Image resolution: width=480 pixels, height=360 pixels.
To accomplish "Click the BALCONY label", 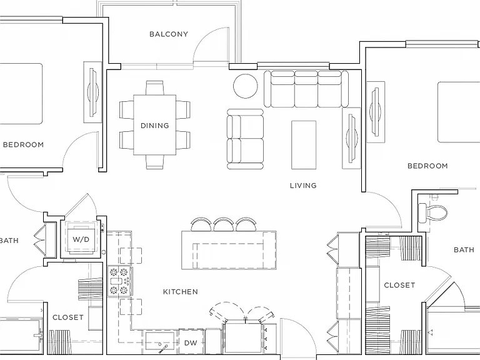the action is click(169, 34).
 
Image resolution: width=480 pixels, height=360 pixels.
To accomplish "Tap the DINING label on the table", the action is click(155, 126).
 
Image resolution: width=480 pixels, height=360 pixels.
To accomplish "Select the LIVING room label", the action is click(303, 186).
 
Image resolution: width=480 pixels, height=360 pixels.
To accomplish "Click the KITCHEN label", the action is click(180, 292).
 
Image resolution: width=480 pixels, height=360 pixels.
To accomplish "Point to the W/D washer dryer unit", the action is click(81, 239).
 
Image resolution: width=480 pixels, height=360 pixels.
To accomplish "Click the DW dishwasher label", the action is click(191, 343).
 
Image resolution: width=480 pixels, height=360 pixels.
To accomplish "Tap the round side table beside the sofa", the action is click(246, 86).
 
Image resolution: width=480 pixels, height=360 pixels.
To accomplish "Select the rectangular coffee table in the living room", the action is click(304, 145).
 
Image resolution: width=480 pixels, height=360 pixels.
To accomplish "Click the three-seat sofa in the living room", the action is click(306, 89).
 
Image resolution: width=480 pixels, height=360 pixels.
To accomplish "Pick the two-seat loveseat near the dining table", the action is click(245, 139).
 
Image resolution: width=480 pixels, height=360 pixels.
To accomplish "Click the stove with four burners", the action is click(120, 281).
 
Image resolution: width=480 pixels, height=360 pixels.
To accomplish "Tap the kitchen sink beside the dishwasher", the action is click(160, 341).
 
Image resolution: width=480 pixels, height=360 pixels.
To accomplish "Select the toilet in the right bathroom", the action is click(432, 212).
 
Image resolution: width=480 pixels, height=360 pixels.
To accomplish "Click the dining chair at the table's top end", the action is click(155, 88).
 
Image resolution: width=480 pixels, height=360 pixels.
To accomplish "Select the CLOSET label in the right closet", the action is click(399, 285).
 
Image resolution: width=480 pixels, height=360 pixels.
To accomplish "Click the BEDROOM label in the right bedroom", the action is click(427, 166).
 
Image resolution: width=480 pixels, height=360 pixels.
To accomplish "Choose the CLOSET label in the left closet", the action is click(68, 317).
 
